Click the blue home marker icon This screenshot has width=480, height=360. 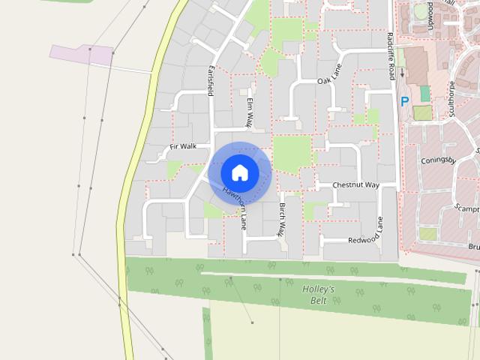(x=240, y=172)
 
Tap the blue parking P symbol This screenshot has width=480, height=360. (x=404, y=101)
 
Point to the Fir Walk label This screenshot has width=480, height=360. (x=182, y=146)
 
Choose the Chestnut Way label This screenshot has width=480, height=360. (x=356, y=184)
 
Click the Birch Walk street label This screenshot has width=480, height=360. (x=282, y=219)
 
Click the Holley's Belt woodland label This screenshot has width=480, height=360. (x=318, y=294)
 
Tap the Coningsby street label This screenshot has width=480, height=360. (x=439, y=160)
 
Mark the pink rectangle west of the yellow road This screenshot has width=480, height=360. (x=81, y=53)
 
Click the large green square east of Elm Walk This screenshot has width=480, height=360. (x=291, y=153)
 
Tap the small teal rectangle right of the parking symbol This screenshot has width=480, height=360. (x=425, y=94)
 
